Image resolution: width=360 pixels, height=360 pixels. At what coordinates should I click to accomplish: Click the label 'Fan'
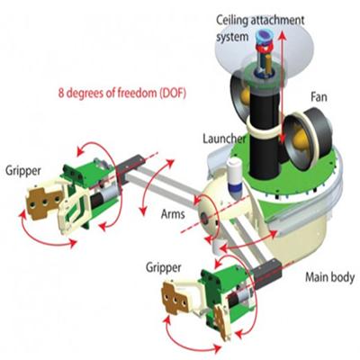(x=319, y=97)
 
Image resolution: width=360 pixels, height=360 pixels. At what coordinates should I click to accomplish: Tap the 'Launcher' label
(x=224, y=139)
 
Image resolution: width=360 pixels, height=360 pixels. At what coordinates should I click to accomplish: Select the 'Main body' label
(x=329, y=277)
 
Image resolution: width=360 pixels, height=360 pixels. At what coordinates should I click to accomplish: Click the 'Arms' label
(x=173, y=214)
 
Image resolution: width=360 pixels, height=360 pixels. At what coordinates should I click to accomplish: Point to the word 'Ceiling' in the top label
(x=232, y=21)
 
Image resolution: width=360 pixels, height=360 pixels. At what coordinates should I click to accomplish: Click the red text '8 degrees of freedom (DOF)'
(x=122, y=93)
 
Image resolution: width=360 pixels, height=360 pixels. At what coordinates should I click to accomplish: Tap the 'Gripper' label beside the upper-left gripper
(x=23, y=171)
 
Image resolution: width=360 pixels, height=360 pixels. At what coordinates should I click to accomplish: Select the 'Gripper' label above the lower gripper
(x=164, y=267)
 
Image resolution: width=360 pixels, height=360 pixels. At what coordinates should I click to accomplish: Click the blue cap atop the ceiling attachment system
(x=263, y=37)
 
